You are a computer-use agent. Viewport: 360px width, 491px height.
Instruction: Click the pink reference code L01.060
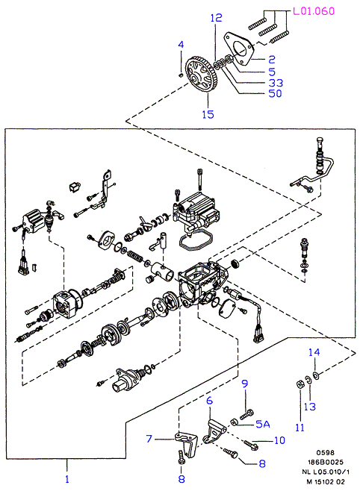pyautogui.click(x=314, y=11)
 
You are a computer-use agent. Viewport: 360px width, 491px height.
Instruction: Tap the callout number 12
pyautogui.click(x=216, y=18)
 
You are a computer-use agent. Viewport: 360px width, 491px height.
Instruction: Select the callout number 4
pyautogui.click(x=181, y=45)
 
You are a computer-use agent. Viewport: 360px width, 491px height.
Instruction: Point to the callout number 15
pyautogui.click(x=208, y=114)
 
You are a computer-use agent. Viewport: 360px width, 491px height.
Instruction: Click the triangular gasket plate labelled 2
pyautogui.click(x=239, y=49)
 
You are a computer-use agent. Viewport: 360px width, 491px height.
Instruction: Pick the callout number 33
pyautogui.click(x=276, y=83)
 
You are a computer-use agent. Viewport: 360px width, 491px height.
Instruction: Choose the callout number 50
pyautogui.click(x=276, y=93)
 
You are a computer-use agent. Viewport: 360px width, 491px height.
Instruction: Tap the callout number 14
pyautogui.click(x=314, y=352)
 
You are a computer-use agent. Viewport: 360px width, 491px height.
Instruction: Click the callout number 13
pyautogui.click(x=309, y=407)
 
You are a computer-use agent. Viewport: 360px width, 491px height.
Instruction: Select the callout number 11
pyautogui.click(x=300, y=427)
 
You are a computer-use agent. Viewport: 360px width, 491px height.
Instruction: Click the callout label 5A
pyautogui.click(x=263, y=424)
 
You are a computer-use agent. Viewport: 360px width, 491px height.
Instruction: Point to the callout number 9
pyautogui.click(x=245, y=384)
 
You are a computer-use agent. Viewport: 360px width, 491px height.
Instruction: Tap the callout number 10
pyautogui.click(x=279, y=440)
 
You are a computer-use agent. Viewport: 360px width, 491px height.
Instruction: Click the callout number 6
pyautogui.click(x=209, y=401)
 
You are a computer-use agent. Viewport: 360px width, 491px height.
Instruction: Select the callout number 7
pyautogui.click(x=149, y=439)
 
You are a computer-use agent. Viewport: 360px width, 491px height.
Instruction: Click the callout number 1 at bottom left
pyautogui.click(x=66, y=479)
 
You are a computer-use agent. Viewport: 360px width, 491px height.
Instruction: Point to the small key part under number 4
pyautogui.click(x=181, y=75)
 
